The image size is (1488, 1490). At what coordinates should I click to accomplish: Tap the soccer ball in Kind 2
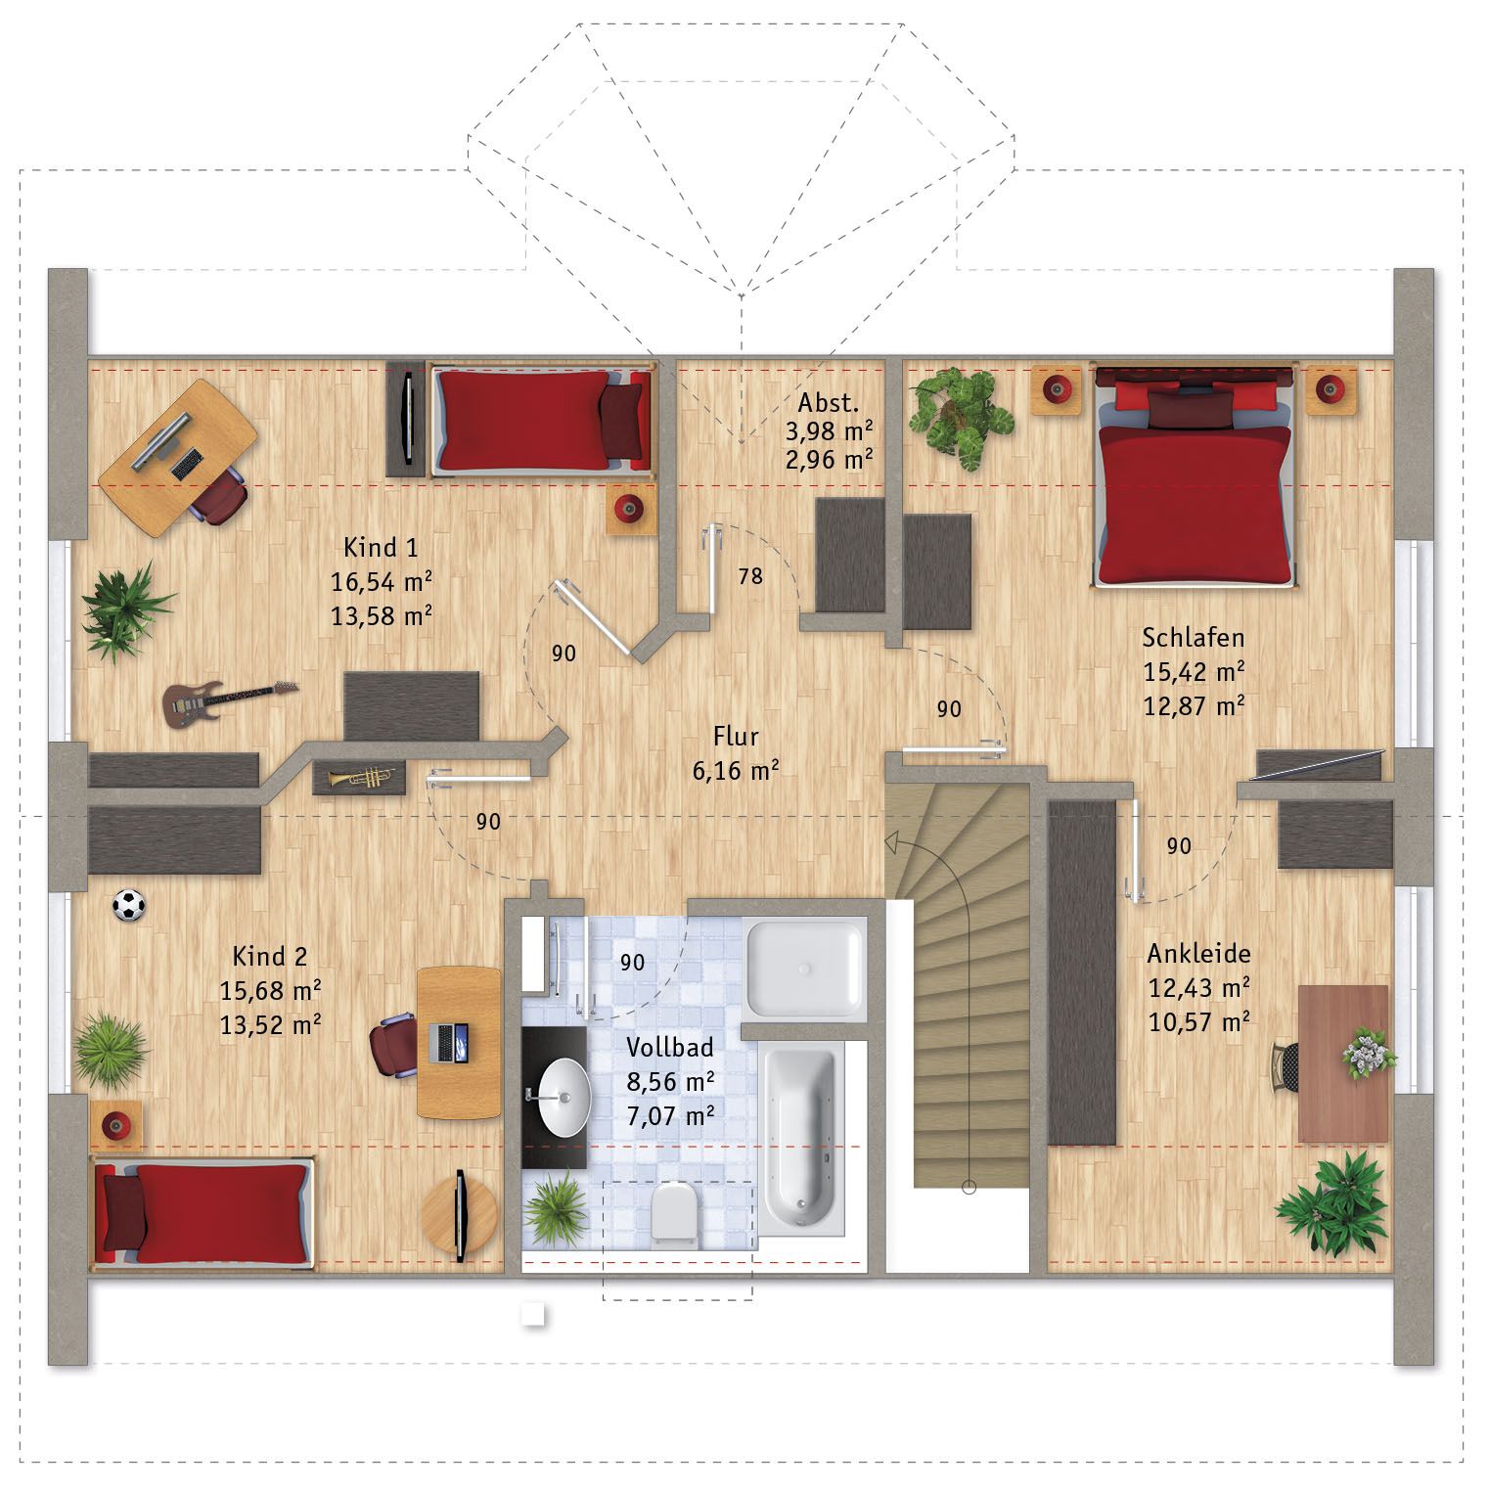point(128,905)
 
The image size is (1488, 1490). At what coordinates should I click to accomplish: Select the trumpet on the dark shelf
point(359,778)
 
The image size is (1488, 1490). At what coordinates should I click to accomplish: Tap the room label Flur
point(736,736)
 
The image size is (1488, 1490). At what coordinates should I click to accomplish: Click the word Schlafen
point(1194,638)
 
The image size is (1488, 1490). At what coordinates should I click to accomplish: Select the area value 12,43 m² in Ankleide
point(1198,988)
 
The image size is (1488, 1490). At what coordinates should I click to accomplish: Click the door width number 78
point(750,576)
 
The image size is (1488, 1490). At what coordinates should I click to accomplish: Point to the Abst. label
point(829,403)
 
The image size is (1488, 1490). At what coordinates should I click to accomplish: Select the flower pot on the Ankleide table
point(1367,1054)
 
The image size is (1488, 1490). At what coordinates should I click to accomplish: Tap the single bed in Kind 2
point(204,1212)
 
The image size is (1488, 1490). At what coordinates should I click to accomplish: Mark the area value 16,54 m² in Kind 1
point(382,582)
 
